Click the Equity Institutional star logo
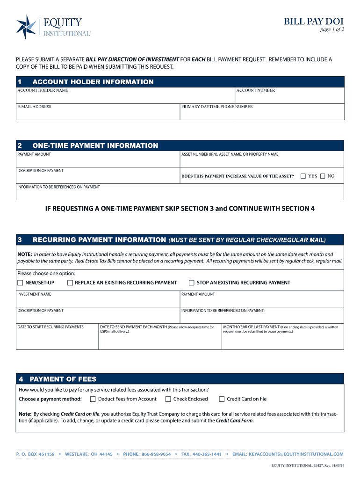coord(26,27)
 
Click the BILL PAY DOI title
coord(314,21)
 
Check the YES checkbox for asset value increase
coord(303,176)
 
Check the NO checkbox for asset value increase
coord(323,176)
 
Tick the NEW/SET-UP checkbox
coord(20,283)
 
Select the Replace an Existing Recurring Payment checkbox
coord(70,283)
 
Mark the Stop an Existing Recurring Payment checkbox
coord(191,283)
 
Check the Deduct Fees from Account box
coord(93,399)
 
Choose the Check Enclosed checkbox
coord(168,399)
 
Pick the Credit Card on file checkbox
coord(222,399)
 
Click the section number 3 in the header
coord(20,239)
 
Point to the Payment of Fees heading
coord(63,379)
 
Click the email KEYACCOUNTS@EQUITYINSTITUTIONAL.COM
coord(296,454)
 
